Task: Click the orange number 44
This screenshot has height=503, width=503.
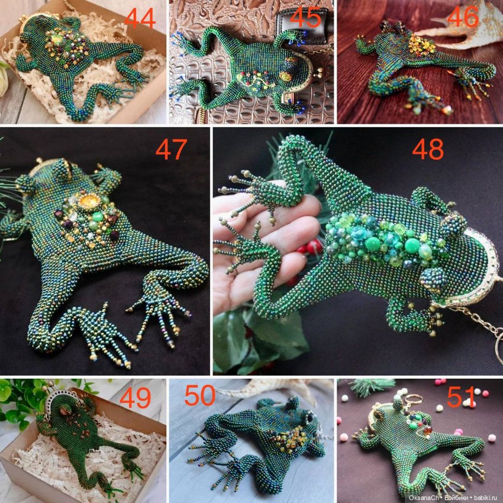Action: coord(140,18)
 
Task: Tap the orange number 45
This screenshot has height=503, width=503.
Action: coord(305,18)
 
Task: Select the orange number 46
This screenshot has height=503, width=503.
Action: coord(462,17)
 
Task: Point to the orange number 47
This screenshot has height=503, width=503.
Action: coord(171,150)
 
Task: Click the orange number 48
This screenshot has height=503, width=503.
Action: coord(428,150)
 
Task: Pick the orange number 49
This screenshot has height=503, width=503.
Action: coord(135,398)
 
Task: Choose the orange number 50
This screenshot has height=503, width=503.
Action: coord(200,395)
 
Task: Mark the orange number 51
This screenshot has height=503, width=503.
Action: coord(462,396)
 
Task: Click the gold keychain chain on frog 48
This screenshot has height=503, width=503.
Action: coord(481,327)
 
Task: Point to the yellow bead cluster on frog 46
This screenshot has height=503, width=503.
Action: coord(420,45)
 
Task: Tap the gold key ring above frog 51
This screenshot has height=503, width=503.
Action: coord(412,401)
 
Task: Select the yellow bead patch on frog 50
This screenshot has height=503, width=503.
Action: coord(289,439)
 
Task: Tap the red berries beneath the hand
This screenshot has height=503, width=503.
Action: coord(307,249)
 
